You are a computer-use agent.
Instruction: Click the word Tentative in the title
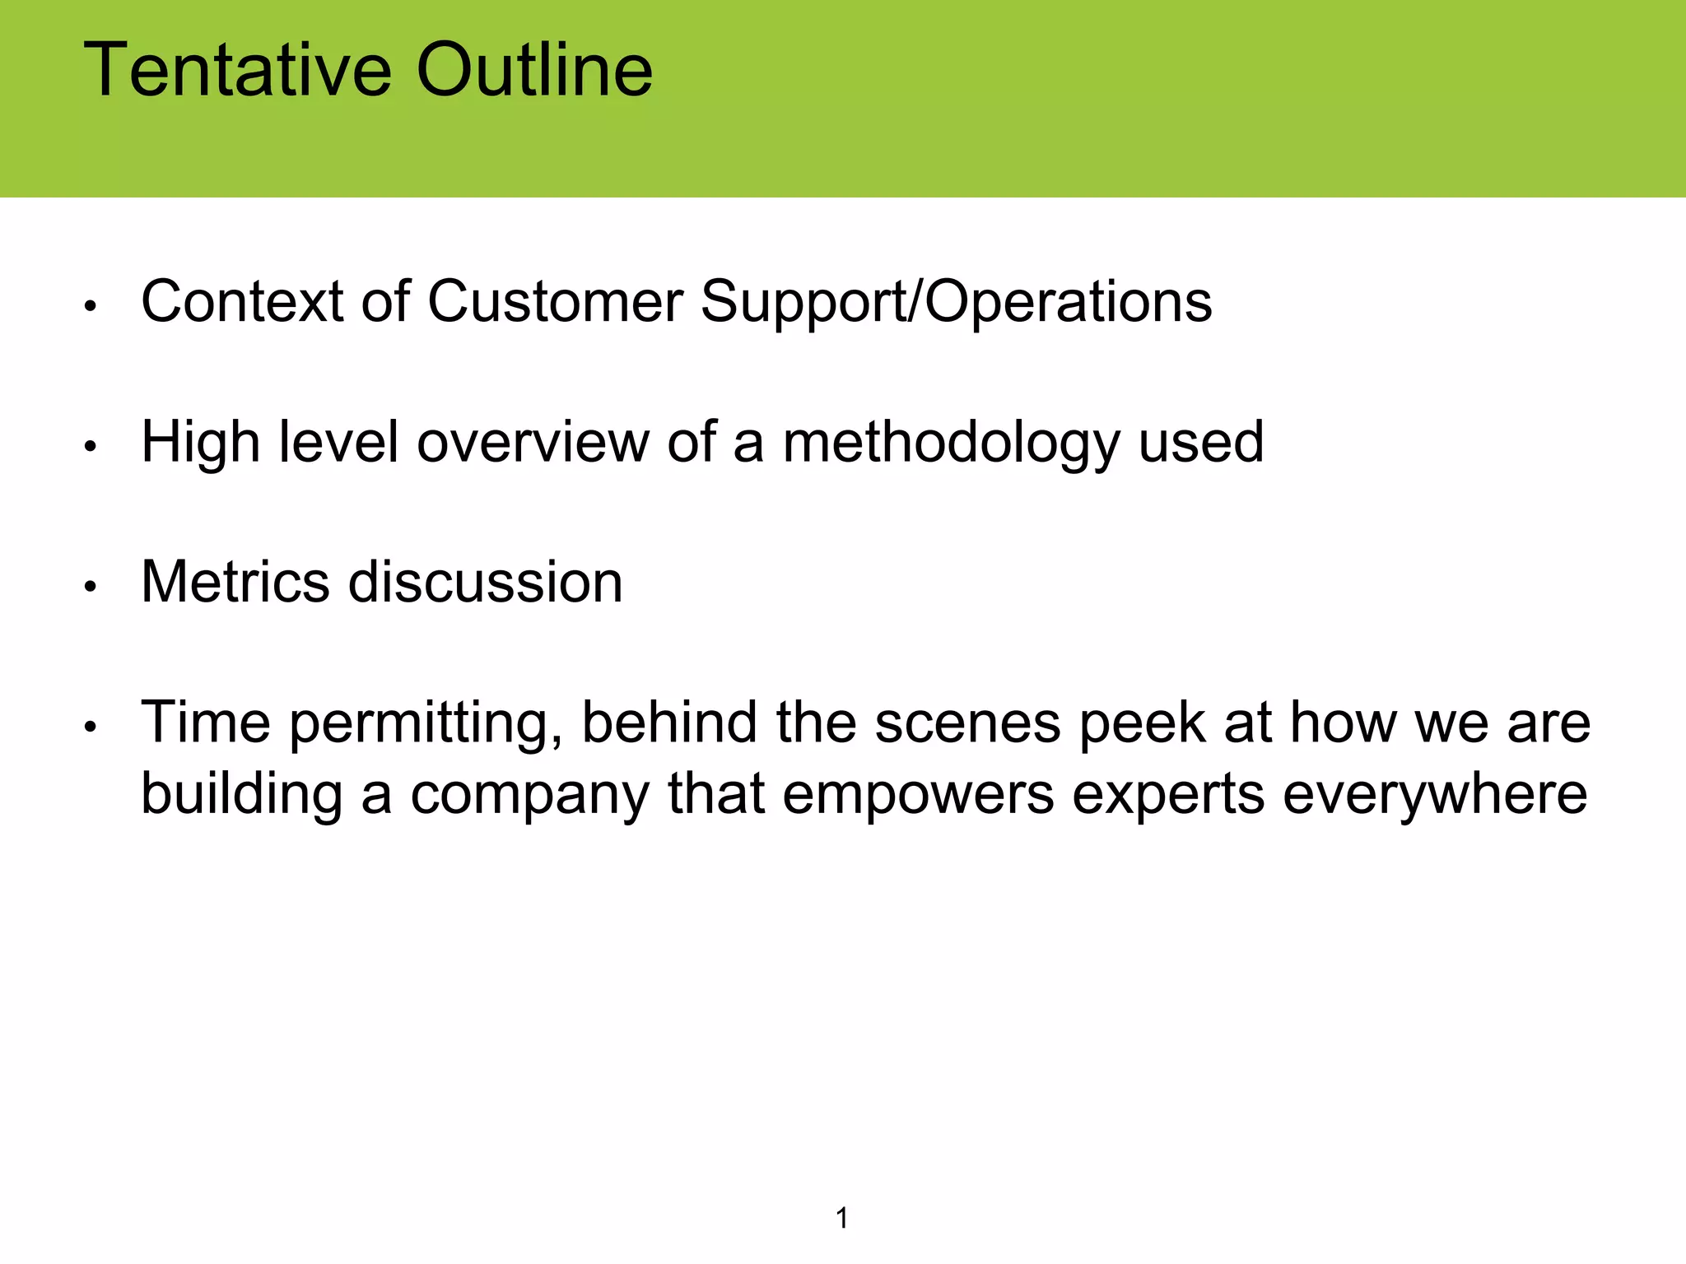pyautogui.click(x=237, y=70)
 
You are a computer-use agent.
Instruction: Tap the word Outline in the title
pyautogui.click(x=534, y=70)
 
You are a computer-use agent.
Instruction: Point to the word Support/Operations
pyautogui.click(x=956, y=303)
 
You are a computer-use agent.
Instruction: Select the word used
pyautogui.click(x=1201, y=442)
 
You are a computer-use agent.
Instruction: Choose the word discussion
pyautogui.click(x=485, y=582)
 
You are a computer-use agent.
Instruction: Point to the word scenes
pyautogui.click(x=967, y=723)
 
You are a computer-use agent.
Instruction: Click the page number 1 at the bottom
pyautogui.click(x=842, y=1218)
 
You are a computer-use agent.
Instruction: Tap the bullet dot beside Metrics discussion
pyautogui.click(x=91, y=587)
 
